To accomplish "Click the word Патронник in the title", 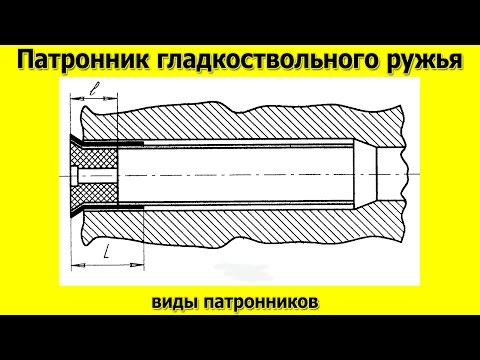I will (84, 62).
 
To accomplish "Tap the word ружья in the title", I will (413, 62).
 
